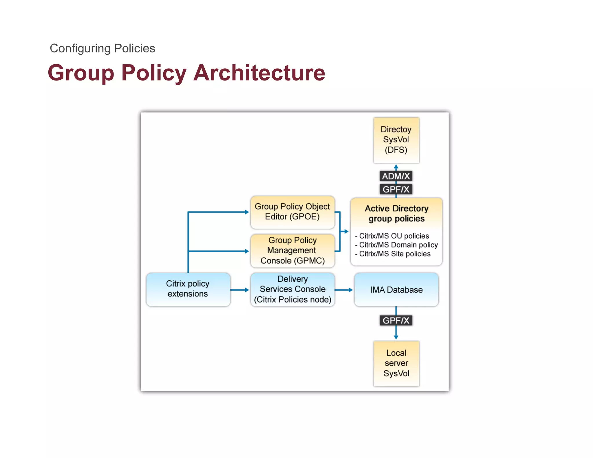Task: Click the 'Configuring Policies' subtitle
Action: tap(102, 48)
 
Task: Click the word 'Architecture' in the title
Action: tap(259, 73)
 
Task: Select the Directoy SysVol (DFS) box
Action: tap(396, 140)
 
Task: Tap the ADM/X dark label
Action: tap(396, 176)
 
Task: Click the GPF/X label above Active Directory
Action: tap(396, 189)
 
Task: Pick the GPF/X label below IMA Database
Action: tap(396, 320)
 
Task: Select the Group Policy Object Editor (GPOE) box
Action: tap(292, 212)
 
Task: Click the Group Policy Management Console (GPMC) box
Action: tap(292, 251)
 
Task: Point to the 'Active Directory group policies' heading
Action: tap(396, 213)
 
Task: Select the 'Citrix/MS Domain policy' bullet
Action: tap(398, 245)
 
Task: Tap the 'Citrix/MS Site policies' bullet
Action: tap(394, 254)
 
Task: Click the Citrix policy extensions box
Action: tap(188, 289)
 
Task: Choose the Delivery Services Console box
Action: tap(292, 289)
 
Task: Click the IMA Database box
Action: tap(396, 290)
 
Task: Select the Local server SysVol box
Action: tap(396, 363)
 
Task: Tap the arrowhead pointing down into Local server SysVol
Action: tap(396, 337)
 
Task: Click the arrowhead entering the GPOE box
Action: tap(247, 212)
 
